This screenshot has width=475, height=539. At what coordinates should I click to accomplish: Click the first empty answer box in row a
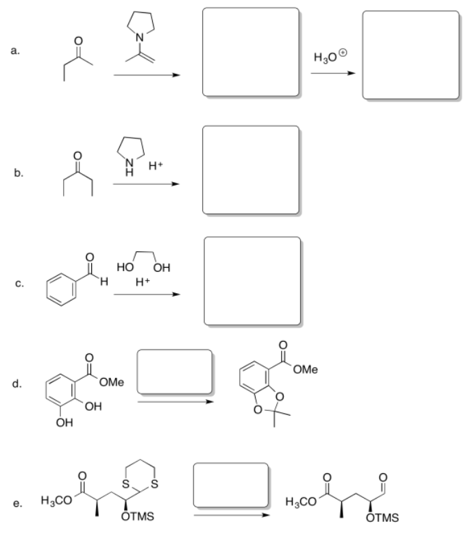click(251, 52)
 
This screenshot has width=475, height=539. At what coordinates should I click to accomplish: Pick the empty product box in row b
click(251, 170)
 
